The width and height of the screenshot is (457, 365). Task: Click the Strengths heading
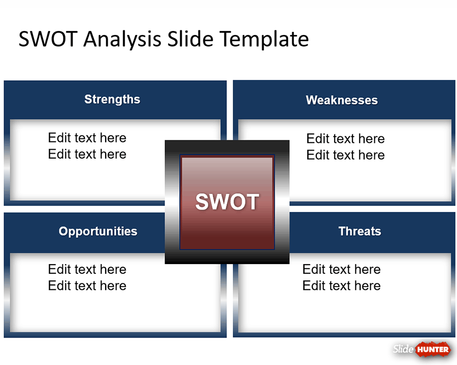tap(112, 99)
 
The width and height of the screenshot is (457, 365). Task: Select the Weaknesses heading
tap(342, 100)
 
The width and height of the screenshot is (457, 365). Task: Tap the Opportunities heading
tap(98, 231)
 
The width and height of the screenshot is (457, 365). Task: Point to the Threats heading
tap(360, 231)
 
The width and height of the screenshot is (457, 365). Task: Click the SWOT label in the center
tap(227, 202)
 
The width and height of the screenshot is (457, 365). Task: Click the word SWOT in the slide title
tap(48, 39)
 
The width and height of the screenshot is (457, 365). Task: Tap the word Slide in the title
tap(190, 39)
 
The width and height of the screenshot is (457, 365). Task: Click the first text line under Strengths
tap(87, 138)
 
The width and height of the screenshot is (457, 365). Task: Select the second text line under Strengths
tap(87, 154)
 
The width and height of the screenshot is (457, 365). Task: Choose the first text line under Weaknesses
tap(345, 138)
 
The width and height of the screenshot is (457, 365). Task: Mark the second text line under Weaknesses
tap(345, 155)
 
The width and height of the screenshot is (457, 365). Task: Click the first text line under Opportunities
tap(87, 269)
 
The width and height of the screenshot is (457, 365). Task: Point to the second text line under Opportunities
tap(87, 285)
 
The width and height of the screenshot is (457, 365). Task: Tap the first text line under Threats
tap(342, 269)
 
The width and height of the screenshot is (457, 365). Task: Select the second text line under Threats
tap(342, 285)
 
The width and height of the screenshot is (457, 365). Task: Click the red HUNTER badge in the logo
tap(433, 349)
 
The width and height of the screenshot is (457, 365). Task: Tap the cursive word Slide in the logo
tap(403, 349)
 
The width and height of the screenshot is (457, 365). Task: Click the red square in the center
tap(227, 202)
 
